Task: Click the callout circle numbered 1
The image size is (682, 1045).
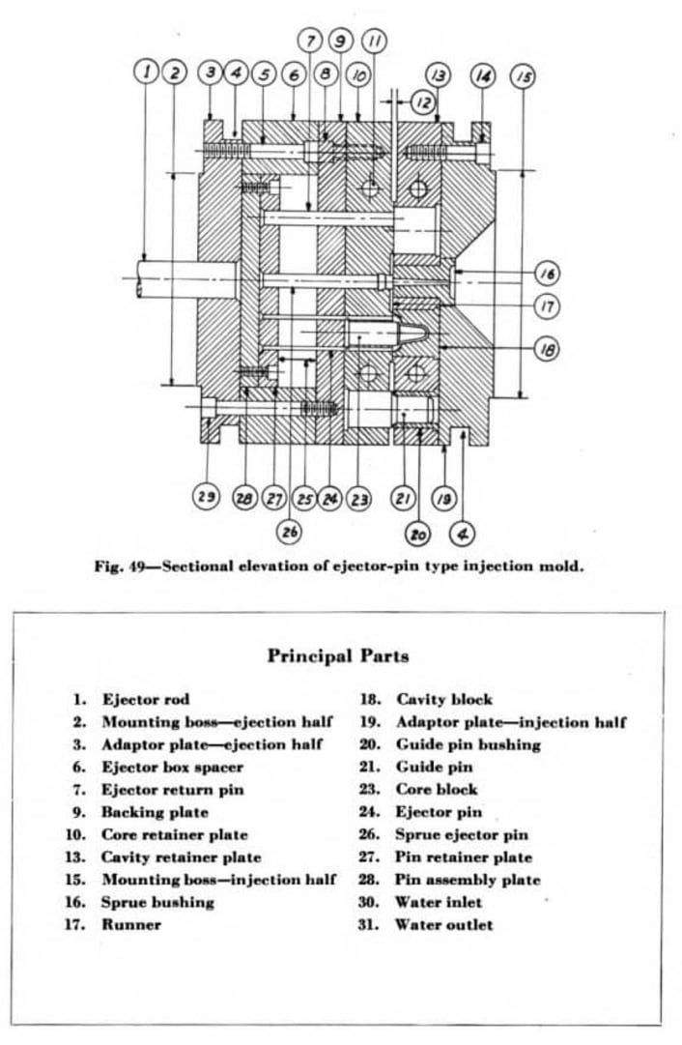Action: click(x=146, y=72)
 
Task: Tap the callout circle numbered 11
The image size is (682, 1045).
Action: click(x=375, y=41)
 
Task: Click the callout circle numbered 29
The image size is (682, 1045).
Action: click(x=206, y=497)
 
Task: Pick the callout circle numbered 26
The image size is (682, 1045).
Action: click(x=290, y=531)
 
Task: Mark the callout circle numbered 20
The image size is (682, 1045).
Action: click(x=419, y=533)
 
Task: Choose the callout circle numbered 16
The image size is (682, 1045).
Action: click(x=547, y=274)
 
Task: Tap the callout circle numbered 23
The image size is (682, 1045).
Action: click(x=359, y=498)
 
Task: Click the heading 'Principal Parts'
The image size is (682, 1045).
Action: click(x=337, y=655)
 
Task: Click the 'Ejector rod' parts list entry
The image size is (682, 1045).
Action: click(x=145, y=699)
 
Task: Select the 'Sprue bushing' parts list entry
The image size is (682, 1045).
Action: click(x=157, y=902)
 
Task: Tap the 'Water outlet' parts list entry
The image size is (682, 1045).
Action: click(x=443, y=925)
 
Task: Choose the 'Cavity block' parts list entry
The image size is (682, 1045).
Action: click(x=443, y=699)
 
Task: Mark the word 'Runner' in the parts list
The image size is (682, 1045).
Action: click(x=131, y=925)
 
